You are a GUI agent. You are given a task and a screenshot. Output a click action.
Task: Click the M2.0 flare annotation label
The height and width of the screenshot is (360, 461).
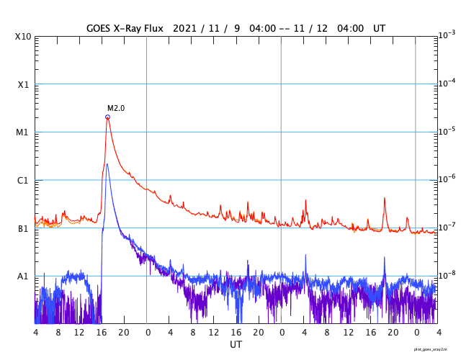click(116, 108)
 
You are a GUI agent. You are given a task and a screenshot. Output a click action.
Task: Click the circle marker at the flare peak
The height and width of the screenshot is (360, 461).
click(107, 117)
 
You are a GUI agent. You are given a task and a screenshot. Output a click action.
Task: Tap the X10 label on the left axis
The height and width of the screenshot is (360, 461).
click(23, 36)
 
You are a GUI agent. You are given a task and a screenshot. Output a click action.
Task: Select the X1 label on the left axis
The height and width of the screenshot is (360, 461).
click(23, 84)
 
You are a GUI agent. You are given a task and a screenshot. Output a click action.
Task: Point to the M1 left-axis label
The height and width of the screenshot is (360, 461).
click(23, 132)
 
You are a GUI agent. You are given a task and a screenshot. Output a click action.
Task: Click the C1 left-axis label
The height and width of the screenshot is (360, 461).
click(23, 181)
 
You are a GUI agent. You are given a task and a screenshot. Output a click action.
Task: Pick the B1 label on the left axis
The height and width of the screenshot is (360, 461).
click(23, 229)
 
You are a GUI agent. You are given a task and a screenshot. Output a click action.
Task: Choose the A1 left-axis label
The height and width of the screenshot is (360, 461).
click(23, 276)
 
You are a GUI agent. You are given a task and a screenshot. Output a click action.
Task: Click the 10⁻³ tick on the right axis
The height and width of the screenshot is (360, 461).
click(447, 35)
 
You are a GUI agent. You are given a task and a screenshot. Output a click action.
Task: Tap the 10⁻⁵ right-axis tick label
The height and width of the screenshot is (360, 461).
click(447, 131)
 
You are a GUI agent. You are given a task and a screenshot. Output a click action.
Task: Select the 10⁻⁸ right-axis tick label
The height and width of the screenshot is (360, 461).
click(447, 275)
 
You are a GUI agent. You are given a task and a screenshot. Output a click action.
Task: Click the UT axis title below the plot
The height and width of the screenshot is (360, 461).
click(236, 345)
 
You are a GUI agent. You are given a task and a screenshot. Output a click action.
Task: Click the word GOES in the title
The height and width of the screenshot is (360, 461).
click(99, 27)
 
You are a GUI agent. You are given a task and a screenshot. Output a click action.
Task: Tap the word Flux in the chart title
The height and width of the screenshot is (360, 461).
click(154, 27)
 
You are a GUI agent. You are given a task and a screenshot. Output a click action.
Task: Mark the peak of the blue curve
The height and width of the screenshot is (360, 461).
click(107, 164)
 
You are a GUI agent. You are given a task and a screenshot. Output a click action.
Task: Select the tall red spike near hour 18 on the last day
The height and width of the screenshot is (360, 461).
click(384, 198)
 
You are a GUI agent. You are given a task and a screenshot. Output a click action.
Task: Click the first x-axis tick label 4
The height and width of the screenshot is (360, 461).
click(35, 333)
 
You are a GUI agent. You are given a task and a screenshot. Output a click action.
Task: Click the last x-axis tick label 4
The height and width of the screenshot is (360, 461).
click(437, 333)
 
